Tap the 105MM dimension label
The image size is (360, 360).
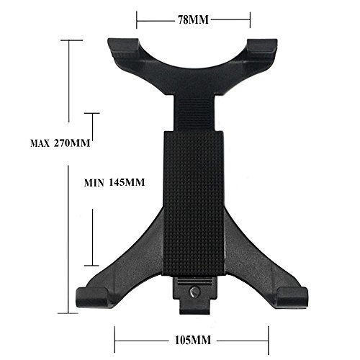tap(190, 335)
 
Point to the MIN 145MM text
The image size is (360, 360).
tap(114, 182)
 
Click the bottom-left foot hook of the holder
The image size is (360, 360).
tap(92, 294)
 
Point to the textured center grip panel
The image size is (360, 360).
tap(192, 202)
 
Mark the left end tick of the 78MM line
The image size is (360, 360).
tap(137, 20)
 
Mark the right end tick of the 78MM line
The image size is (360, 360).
tap(250, 20)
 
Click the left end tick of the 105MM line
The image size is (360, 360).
tap(115, 335)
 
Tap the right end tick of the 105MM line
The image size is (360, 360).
tap(269, 335)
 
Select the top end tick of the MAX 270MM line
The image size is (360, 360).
tap(70, 40)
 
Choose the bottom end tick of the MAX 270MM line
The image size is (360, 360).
tap(70, 312)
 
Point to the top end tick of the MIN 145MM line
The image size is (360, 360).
tap(91, 113)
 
